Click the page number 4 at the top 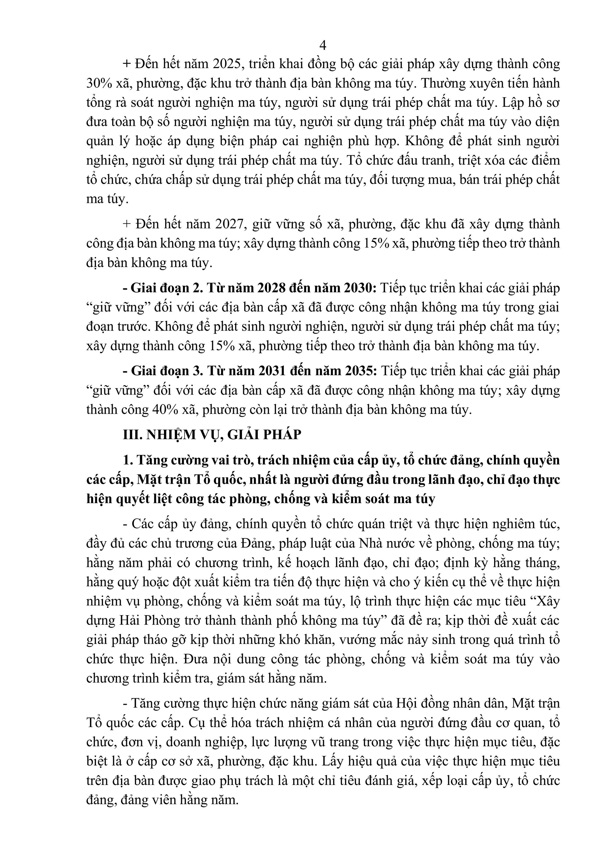[x=323, y=45]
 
